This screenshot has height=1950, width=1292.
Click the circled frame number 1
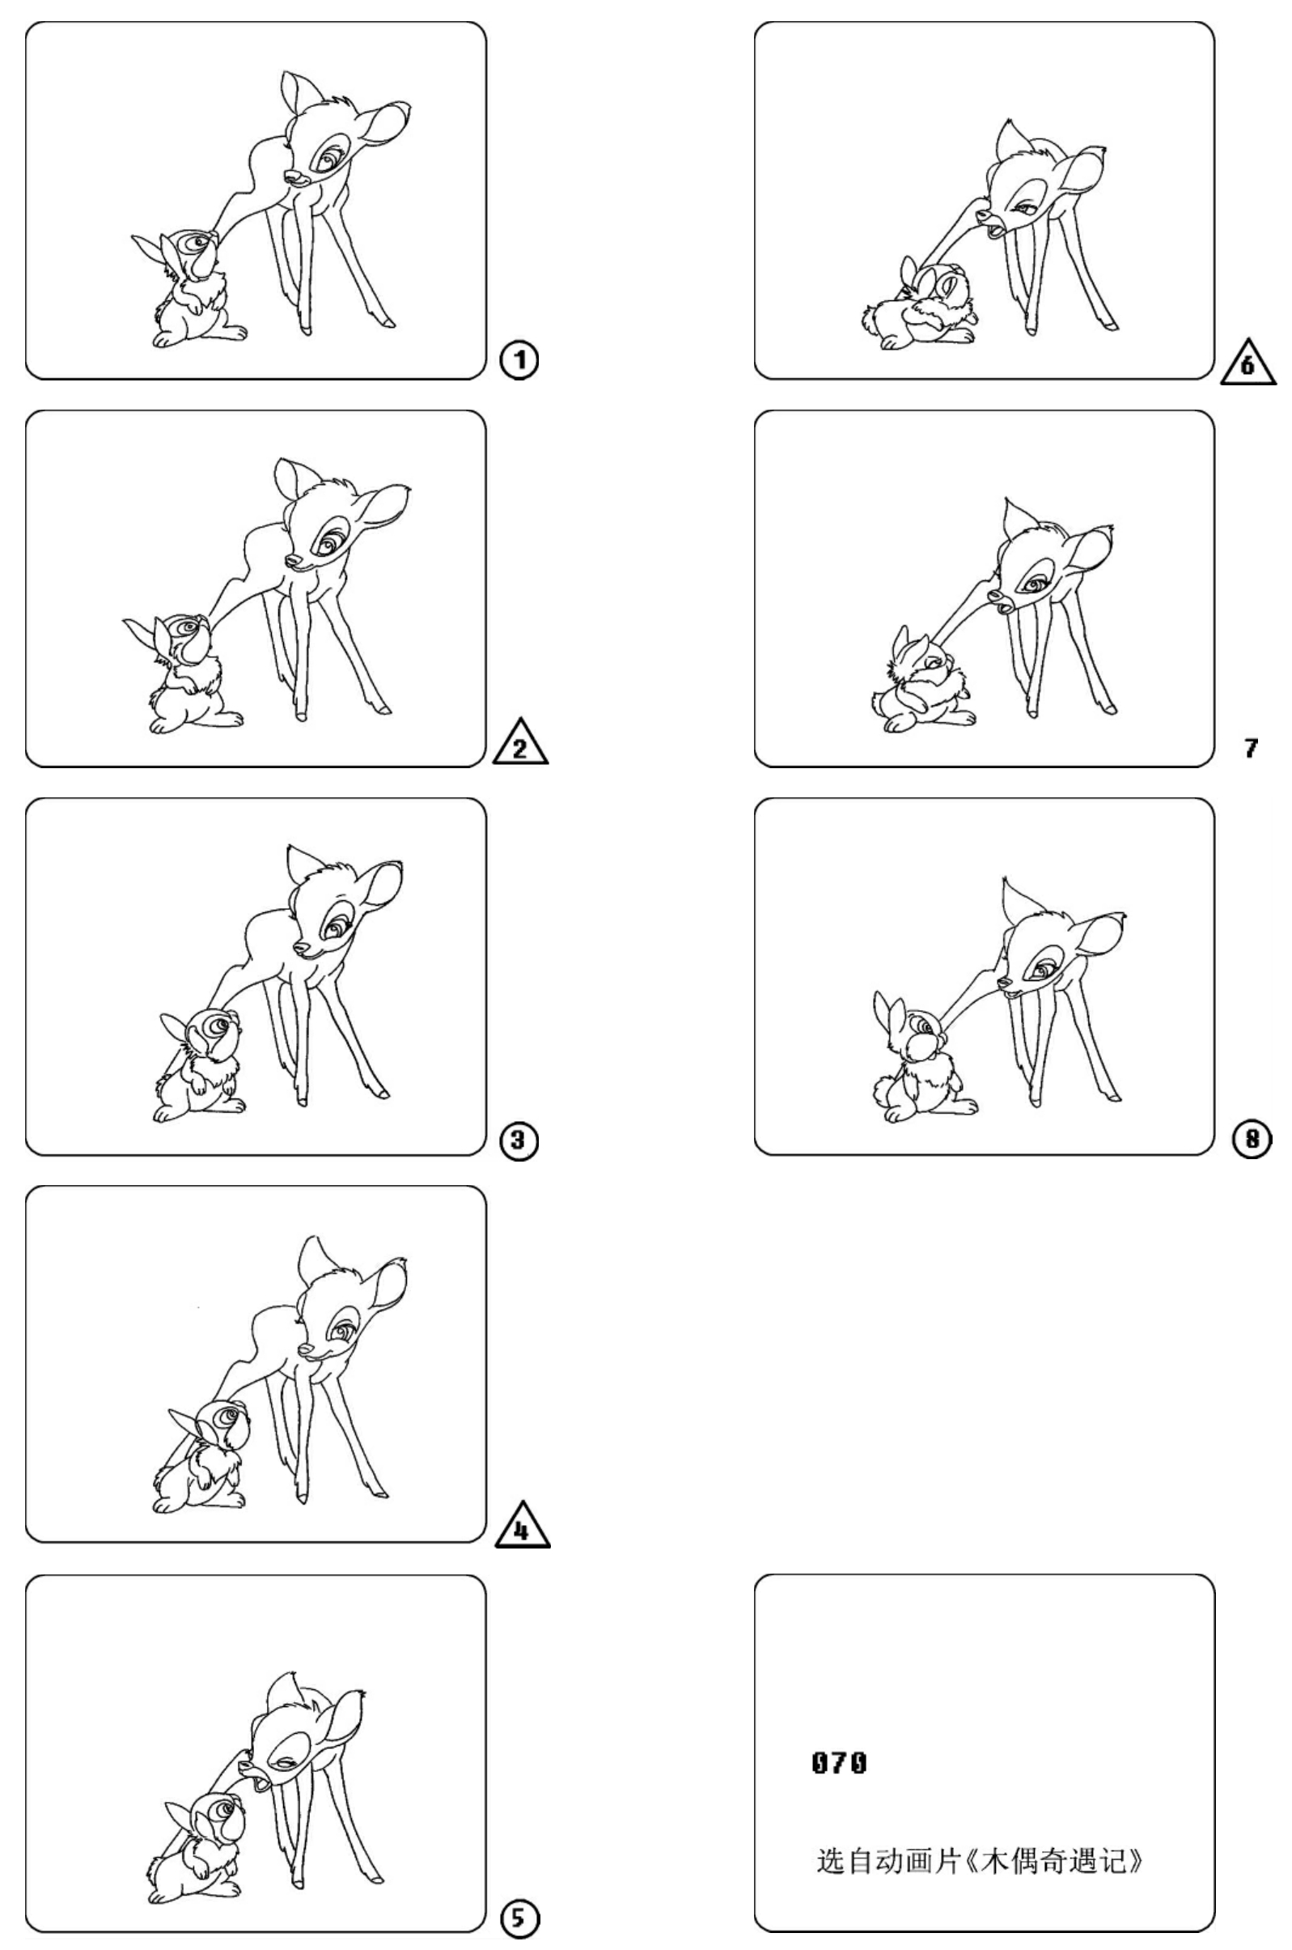tap(519, 360)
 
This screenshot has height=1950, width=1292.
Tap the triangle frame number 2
tap(521, 743)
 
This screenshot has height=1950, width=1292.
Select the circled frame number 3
tap(519, 1141)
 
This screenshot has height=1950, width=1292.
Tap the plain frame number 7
tap(1252, 749)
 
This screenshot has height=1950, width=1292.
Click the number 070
tap(839, 1763)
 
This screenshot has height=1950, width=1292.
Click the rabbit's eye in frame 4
tap(222, 1416)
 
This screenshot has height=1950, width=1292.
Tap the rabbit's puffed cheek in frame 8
tap(923, 1050)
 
